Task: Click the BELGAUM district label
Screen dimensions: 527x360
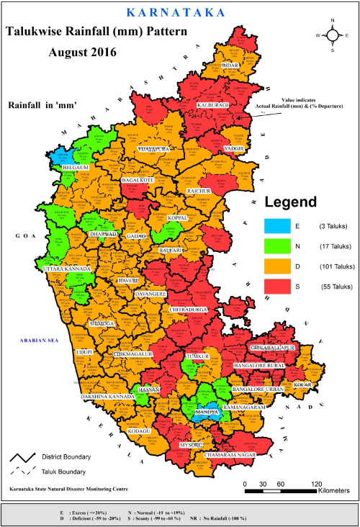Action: [x=76, y=167]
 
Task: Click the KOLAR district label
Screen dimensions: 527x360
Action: [x=302, y=385]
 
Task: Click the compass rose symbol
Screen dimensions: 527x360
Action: [x=332, y=34]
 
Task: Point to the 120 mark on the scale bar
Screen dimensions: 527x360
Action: [x=315, y=483]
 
